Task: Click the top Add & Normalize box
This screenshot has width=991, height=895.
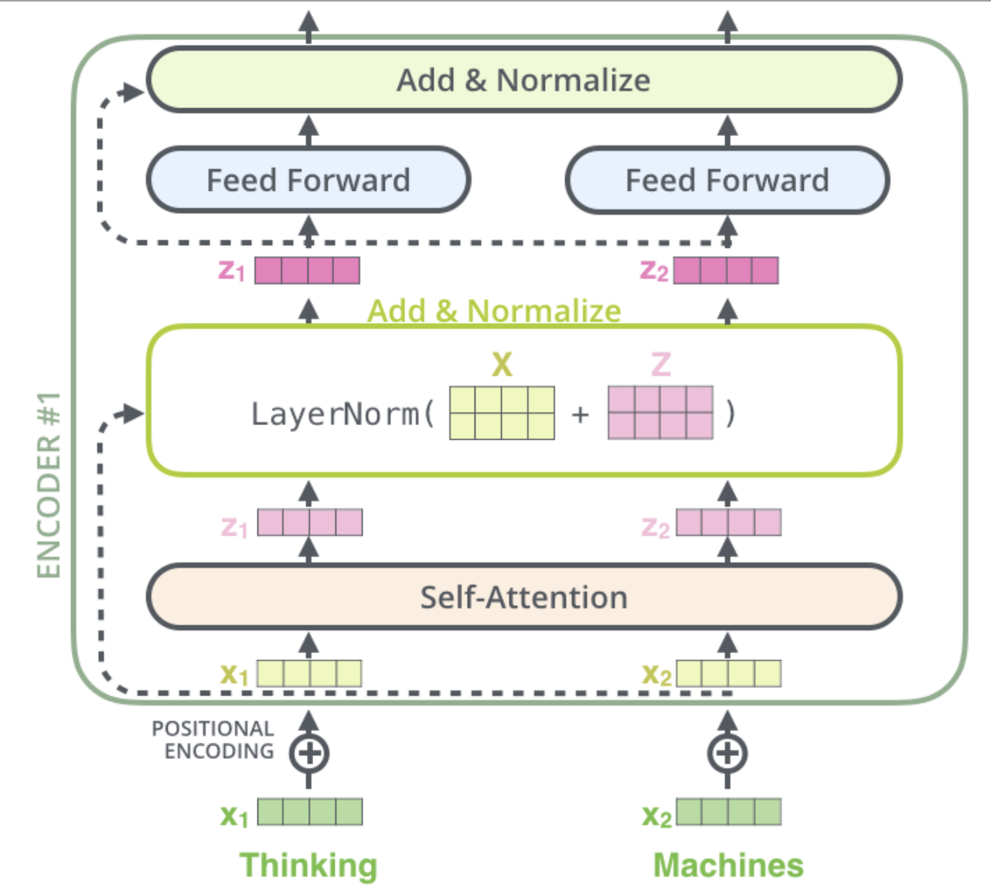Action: pos(524,80)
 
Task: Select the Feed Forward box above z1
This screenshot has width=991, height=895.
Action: pos(308,180)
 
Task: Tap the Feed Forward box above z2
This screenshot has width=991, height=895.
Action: pos(727,180)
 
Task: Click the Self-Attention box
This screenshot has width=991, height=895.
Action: pos(524,597)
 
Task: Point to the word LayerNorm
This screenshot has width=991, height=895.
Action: pos(335,414)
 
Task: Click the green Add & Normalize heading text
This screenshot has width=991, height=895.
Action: pos(494,311)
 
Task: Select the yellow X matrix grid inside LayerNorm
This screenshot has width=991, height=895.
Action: pos(502,413)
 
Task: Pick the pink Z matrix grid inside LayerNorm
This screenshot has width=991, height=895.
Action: pos(660,413)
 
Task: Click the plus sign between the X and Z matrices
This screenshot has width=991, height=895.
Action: pos(580,414)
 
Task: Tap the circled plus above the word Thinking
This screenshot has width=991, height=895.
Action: pos(309,754)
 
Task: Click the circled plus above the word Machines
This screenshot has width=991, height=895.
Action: pos(727,754)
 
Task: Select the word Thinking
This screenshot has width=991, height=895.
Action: pos(308,866)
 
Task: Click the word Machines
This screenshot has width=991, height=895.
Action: pos(729,866)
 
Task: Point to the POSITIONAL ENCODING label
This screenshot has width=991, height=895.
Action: pos(213,740)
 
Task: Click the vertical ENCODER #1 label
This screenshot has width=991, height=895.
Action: pos(49,485)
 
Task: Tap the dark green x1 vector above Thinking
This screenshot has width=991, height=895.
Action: pos(310,812)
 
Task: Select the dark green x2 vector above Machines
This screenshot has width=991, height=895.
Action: pos(729,812)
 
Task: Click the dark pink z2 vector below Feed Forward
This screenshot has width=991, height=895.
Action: pos(726,271)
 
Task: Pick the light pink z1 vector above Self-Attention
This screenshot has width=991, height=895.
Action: pos(310,522)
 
